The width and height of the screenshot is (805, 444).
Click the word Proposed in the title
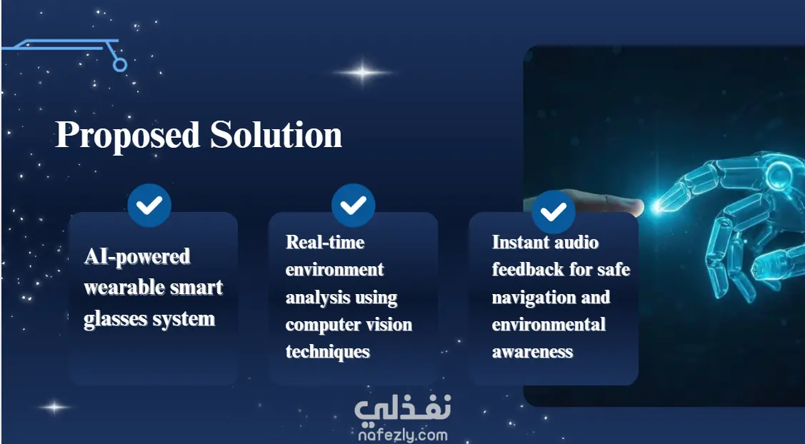[127, 136]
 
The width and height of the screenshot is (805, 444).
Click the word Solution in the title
[276, 134]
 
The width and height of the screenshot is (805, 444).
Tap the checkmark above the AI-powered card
[149, 206]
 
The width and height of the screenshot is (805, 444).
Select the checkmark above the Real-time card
[353, 206]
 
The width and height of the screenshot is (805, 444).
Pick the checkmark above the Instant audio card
[554, 211]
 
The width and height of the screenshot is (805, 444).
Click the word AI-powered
[137, 257]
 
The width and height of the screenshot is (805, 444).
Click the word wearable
[121, 288]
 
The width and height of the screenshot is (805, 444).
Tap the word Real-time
[325, 242]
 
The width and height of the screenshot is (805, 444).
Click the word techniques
[328, 352]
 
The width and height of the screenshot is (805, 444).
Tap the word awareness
[532, 352]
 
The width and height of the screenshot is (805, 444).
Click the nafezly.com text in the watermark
[403, 435]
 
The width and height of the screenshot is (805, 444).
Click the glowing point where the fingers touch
[656, 208]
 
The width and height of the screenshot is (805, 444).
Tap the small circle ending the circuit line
[119, 65]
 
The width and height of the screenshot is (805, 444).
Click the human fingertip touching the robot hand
[636, 206]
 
